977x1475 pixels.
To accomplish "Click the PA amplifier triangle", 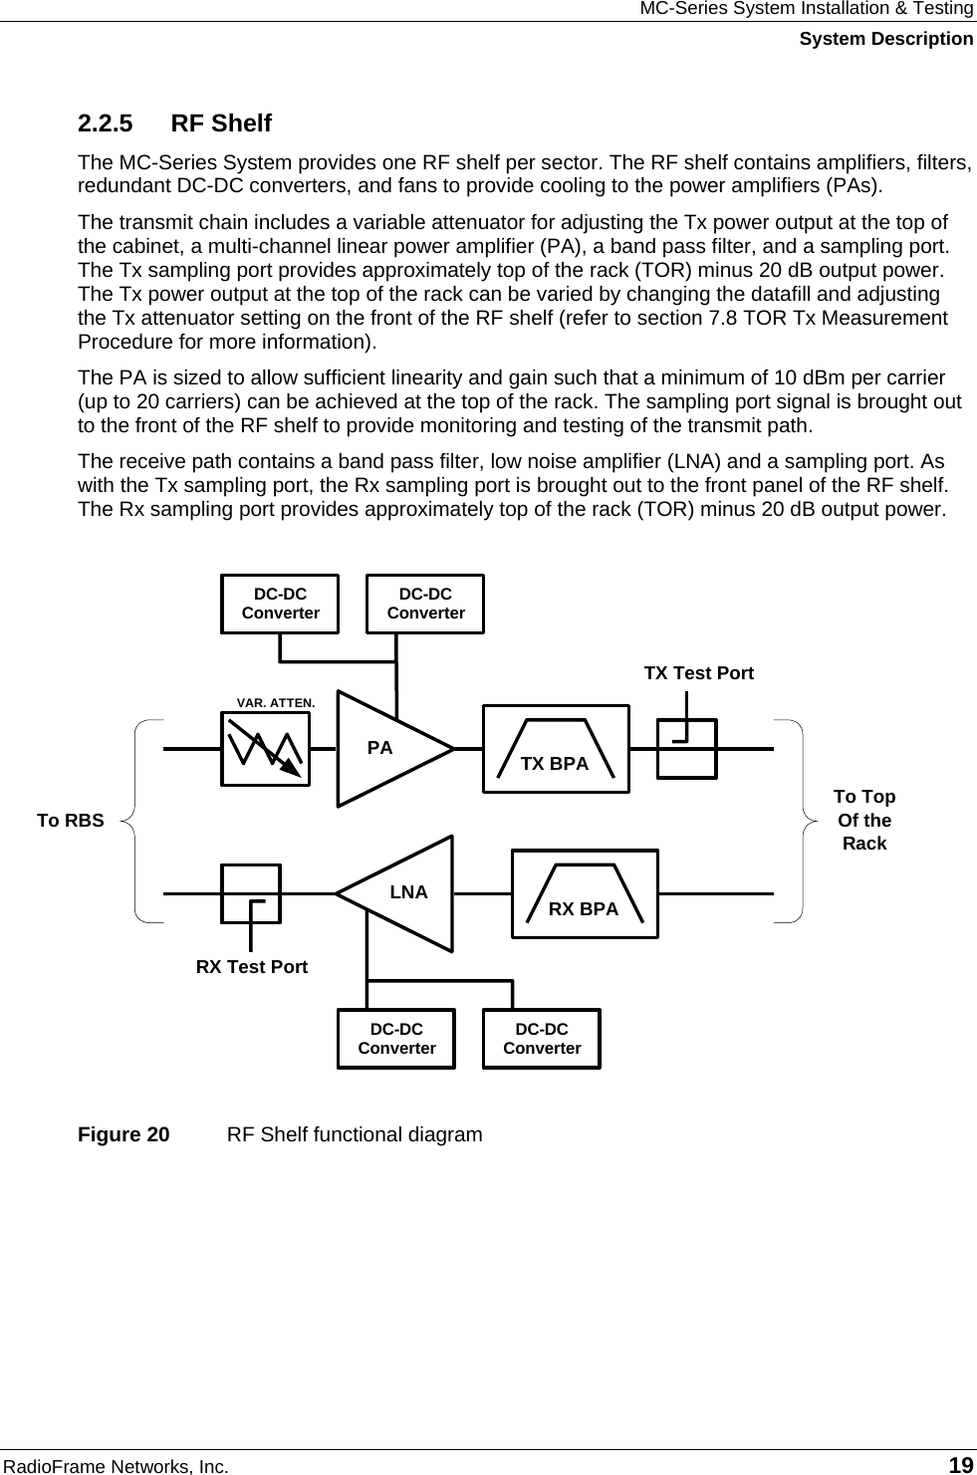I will tap(388, 748).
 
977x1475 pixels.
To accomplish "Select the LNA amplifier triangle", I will tap(403, 893).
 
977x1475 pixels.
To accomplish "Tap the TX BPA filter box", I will tap(556, 749).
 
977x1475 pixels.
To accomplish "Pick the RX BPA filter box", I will tap(585, 893).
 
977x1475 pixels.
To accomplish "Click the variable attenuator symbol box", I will tap(266, 748).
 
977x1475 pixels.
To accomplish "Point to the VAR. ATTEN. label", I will tap(276, 702).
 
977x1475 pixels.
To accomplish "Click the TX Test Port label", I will tap(698, 673).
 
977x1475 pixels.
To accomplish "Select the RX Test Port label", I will tap(252, 966).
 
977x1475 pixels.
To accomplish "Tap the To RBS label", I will tap(70, 821).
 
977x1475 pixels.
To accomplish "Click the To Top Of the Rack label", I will tap(863, 820).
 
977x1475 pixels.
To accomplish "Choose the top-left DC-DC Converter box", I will tap(280, 604).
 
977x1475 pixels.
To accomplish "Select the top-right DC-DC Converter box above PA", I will tap(425, 604).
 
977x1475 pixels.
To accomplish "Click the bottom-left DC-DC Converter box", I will tap(396, 1039).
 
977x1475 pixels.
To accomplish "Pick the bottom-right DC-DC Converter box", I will tap(542, 1039).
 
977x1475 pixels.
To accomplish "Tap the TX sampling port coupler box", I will tap(686, 749).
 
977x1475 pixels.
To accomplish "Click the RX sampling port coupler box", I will tap(251, 893).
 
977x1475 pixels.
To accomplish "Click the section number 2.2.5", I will tap(106, 123).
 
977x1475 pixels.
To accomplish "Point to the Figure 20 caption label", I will tap(123, 1134).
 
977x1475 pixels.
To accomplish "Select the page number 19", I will tap(960, 1465).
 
